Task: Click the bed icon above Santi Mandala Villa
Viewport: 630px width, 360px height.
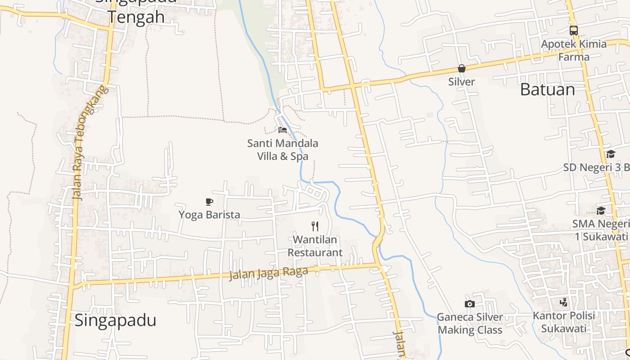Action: click(283, 130)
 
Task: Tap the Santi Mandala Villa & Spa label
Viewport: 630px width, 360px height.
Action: click(283, 150)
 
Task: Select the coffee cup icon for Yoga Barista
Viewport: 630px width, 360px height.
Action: click(209, 202)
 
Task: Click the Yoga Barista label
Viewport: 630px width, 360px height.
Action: click(209, 215)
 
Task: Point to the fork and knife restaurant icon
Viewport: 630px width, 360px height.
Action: click(315, 226)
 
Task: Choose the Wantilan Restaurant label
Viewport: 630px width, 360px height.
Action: click(315, 246)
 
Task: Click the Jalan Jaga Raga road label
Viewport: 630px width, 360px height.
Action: click(269, 273)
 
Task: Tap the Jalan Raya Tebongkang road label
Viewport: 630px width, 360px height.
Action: click(90, 142)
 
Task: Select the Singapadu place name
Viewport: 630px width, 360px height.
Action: click(115, 320)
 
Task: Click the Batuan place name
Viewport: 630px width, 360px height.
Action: click(547, 90)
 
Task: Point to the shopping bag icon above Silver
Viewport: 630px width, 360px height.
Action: click(462, 68)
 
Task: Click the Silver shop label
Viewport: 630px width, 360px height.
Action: click(462, 82)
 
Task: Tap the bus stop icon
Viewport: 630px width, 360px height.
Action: click(573, 31)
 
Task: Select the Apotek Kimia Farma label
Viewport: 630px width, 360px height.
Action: click(574, 50)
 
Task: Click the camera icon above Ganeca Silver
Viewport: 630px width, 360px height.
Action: click(469, 304)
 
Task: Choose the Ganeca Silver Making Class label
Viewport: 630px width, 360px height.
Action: click(470, 324)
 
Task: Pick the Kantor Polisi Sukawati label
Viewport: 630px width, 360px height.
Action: click(564, 322)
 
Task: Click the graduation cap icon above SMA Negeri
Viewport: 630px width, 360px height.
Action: click(601, 211)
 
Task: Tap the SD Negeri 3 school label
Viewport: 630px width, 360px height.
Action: click(596, 167)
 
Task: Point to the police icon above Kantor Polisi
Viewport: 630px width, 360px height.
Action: click(563, 302)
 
